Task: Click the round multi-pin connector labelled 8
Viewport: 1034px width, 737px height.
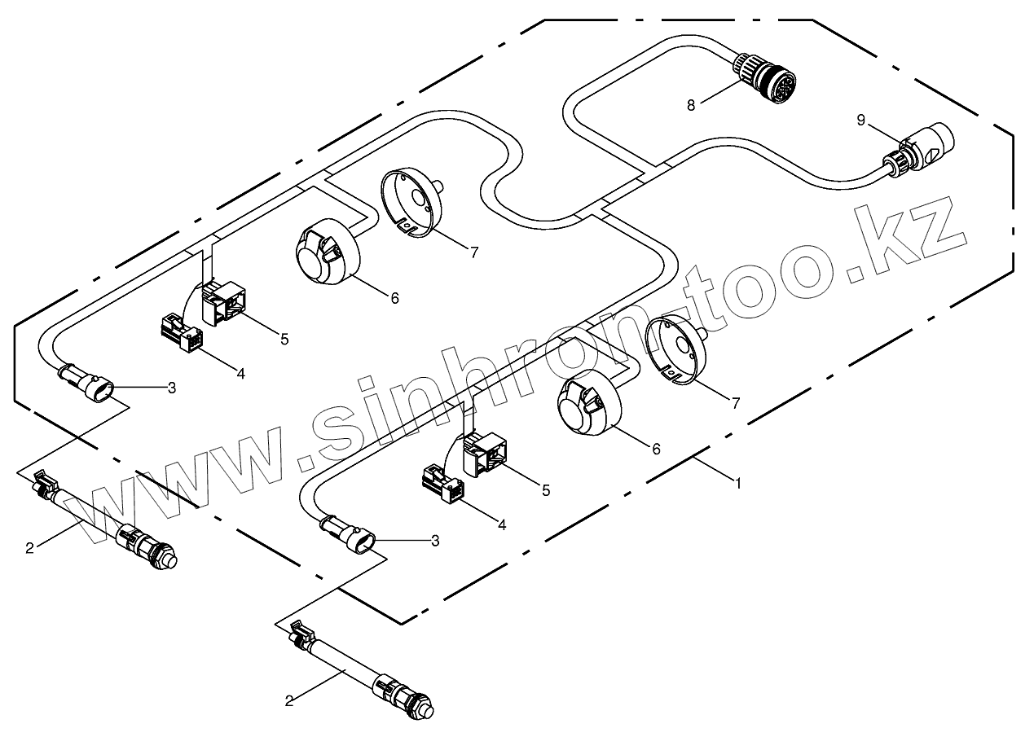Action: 768,77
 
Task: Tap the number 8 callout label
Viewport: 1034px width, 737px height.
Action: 691,104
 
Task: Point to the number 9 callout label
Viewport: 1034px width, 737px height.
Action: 861,121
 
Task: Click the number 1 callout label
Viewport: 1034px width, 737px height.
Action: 738,483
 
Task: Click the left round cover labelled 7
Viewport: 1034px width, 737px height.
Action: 411,201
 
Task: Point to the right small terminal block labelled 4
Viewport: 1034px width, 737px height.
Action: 443,485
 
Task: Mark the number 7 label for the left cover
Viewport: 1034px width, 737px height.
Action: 474,252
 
